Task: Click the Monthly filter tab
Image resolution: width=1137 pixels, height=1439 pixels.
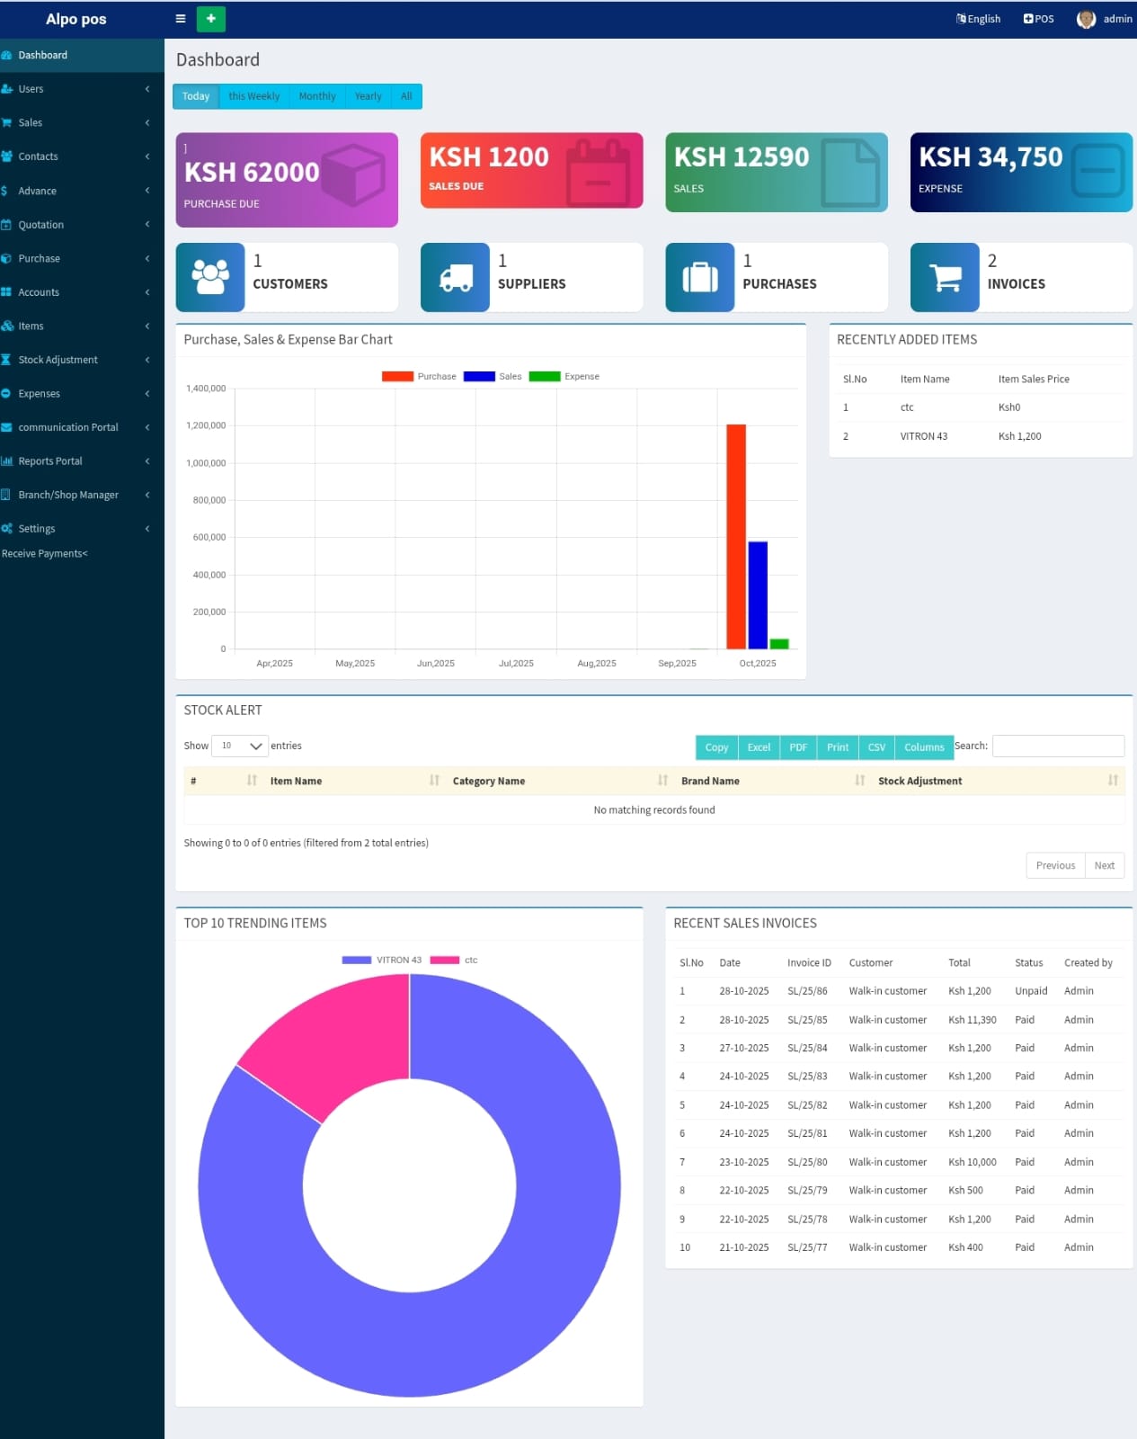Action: pos(316,96)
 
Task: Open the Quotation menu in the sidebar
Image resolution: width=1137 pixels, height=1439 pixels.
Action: pos(41,225)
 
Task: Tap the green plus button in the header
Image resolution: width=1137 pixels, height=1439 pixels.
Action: pos(210,19)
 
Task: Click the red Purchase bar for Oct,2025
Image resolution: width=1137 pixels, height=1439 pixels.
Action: pos(735,536)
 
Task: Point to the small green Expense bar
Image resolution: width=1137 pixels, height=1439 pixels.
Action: pos(779,644)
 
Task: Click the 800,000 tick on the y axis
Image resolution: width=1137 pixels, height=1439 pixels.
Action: pos(209,500)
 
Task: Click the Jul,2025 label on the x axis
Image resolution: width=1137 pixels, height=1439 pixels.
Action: pos(516,664)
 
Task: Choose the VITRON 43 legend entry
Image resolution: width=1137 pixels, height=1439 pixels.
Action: pos(382,961)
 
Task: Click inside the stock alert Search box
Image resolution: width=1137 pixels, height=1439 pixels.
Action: pos(1057,746)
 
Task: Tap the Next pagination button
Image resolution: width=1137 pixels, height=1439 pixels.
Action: pos(1104,865)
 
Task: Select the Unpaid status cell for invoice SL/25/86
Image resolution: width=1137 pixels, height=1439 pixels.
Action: pos(1030,991)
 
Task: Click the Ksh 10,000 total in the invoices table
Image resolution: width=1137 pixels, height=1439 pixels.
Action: pos(972,1162)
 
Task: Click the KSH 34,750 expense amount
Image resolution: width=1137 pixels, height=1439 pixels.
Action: pos(990,157)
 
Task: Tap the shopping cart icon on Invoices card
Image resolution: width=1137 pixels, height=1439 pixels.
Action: pos(944,277)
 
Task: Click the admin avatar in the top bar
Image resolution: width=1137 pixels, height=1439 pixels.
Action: pos(1086,19)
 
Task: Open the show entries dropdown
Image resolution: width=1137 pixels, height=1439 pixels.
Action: pos(240,746)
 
